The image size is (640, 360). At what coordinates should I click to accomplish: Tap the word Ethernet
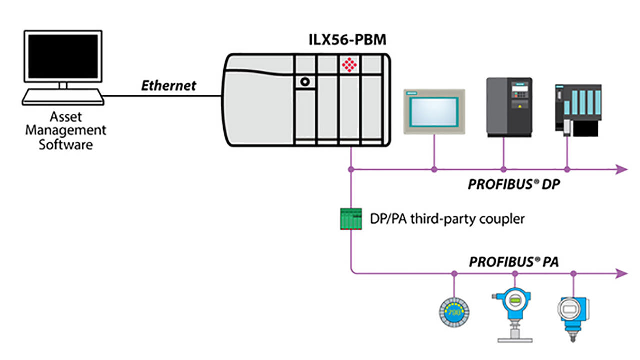click(168, 85)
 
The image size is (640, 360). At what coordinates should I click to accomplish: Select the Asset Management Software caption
click(66, 131)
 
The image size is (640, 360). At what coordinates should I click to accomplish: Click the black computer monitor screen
click(63, 56)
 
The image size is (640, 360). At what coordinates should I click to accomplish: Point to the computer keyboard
click(63, 97)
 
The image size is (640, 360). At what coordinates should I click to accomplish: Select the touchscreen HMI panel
click(434, 111)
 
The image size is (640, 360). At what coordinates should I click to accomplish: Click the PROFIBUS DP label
click(514, 184)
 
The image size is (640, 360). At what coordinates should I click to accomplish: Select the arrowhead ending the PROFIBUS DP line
click(621, 170)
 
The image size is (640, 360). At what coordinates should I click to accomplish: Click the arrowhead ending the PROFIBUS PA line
click(621, 273)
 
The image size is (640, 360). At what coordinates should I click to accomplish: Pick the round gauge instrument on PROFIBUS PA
click(453, 313)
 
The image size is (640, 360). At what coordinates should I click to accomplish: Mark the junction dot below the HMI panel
click(434, 170)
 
